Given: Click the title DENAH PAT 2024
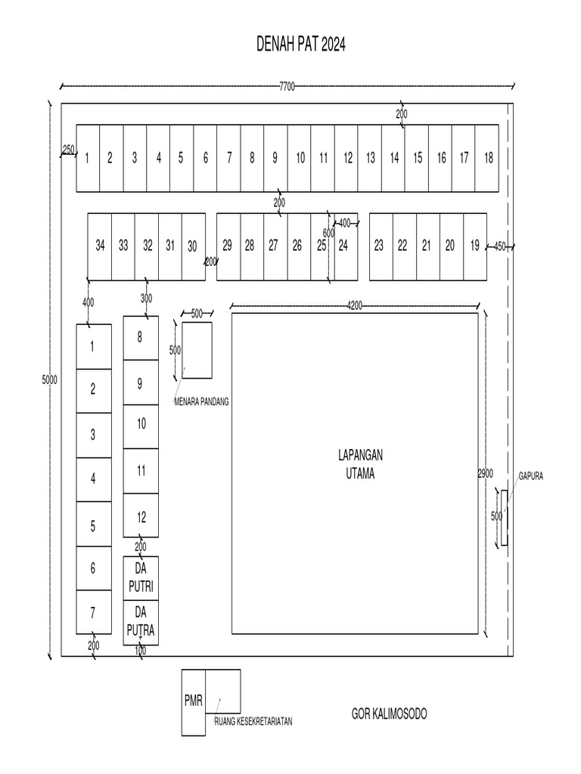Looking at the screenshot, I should coord(301,46).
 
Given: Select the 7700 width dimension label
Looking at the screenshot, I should coord(287,86).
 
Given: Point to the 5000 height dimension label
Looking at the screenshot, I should coord(49,381).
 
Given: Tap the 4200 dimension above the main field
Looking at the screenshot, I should coord(354,305).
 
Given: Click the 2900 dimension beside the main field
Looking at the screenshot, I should coord(485,473).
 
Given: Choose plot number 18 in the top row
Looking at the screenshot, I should coord(488,158).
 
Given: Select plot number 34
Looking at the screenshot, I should coord(100,245).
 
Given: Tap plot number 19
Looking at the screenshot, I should coord(474,245).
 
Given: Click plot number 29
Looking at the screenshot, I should coord(227,245).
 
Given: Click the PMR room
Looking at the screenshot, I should coord(193,701).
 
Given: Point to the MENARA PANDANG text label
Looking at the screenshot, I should coord(201,402).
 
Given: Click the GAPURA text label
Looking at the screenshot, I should coord(531,476).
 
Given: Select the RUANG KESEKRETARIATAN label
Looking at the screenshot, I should coord(253,722).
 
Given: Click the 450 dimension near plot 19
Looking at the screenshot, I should coord(499,246).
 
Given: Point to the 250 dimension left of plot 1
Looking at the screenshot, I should coord(68,150).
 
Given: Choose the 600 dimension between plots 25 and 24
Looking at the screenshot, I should coord(328,233).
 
